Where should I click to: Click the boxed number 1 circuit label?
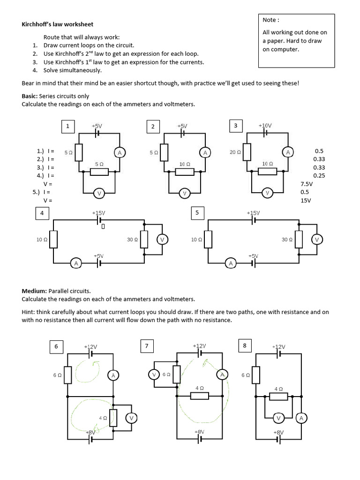pyautogui.click(x=68, y=126)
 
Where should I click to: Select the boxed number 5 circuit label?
pyautogui.click(x=197, y=213)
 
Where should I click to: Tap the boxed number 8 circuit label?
pyautogui.click(x=244, y=346)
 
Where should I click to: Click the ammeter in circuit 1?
pyautogui.click(x=119, y=152)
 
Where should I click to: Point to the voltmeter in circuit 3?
pyautogui.click(x=267, y=193)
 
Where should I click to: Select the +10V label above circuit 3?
pyautogui.click(x=265, y=126)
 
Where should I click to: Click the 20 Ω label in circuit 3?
pyautogui.click(x=235, y=152)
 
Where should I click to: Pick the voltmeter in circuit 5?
pyautogui.click(x=316, y=240)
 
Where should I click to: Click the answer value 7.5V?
pyautogui.click(x=307, y=184)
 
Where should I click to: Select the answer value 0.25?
pyautogui.click(x=319, y=176)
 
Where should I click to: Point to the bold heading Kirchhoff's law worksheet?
pyautogui.click(x=60, y=24)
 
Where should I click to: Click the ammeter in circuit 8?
pyautogui.click(x=301, y=418)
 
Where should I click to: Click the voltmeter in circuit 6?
pyautogui.click(x=132, y=418)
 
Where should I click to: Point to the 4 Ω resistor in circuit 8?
pyautogui.click(x=278, y=397)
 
